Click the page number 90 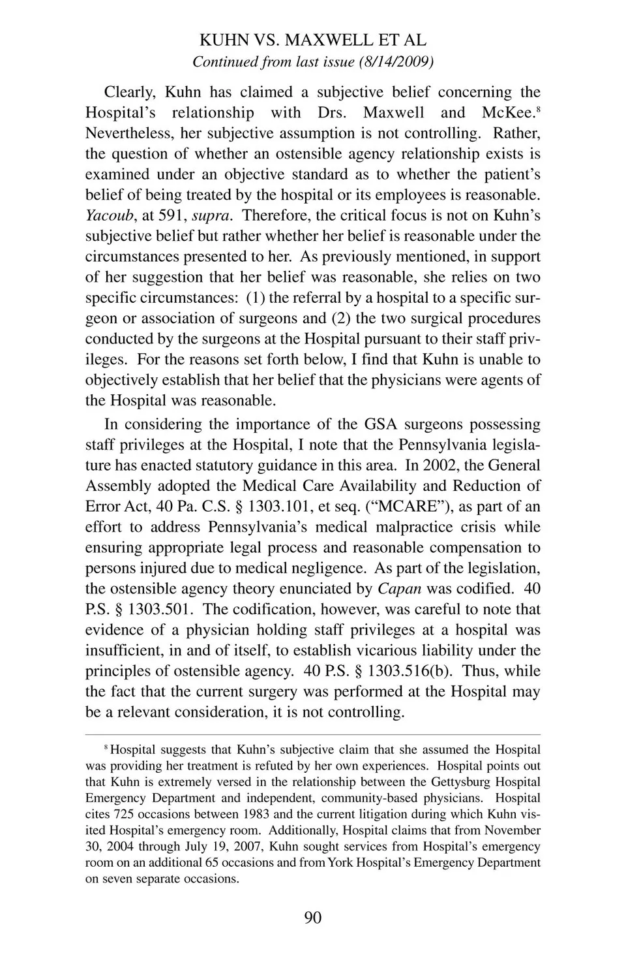[312, 918]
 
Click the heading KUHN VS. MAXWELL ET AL [312, 40]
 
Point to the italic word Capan [399, 589]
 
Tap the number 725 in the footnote [124, 814]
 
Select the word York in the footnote [341, 862]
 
